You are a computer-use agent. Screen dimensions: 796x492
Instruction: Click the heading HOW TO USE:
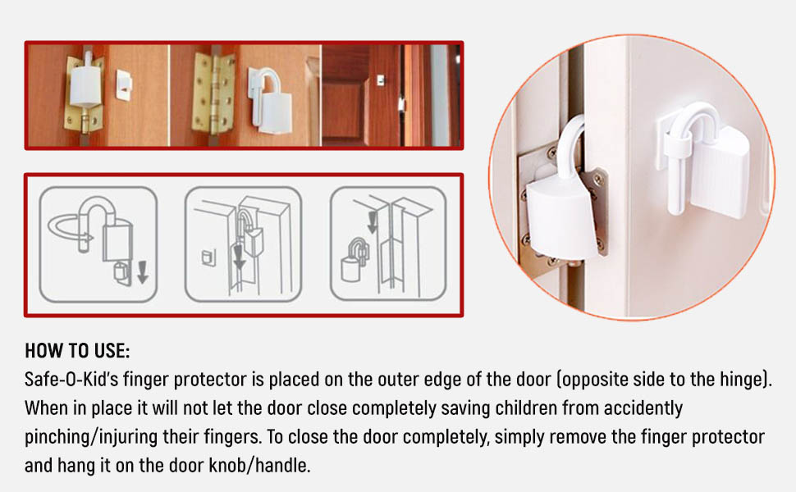(77, 350)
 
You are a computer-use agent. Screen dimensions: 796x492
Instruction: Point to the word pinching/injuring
(91, 437)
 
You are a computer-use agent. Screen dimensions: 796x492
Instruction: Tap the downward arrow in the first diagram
(143, 272)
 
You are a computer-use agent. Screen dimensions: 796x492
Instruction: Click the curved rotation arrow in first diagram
(69, 229)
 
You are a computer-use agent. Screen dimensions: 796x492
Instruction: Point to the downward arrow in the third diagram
(372, 222)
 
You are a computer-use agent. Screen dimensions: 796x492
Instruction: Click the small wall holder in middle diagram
(208, 257)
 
